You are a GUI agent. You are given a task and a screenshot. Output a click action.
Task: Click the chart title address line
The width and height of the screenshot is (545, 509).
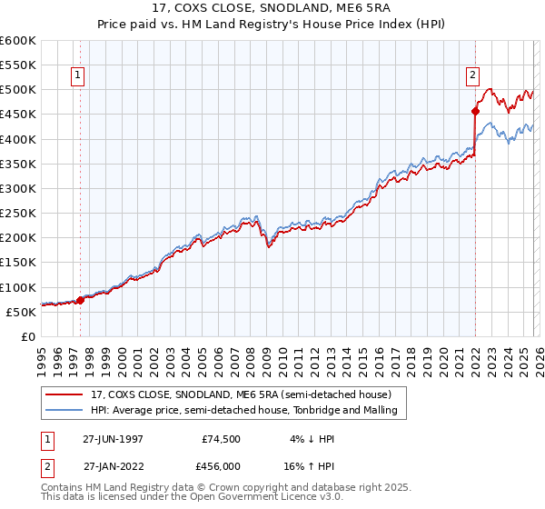coord(272,9)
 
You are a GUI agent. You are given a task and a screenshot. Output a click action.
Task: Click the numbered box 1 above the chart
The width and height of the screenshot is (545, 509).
coord(79,76)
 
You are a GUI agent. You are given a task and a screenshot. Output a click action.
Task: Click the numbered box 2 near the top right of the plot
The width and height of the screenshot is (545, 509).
coord(473,76)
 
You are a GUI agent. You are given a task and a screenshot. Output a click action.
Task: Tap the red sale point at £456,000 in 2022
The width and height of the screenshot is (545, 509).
coord(475,111)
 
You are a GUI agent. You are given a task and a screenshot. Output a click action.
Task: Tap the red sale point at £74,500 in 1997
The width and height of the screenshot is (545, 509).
coord(80,299)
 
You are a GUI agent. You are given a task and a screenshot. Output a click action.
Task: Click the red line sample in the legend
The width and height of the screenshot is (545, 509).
coord(64,395)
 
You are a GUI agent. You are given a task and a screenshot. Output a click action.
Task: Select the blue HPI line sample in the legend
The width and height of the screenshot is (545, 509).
coord(64,411)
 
